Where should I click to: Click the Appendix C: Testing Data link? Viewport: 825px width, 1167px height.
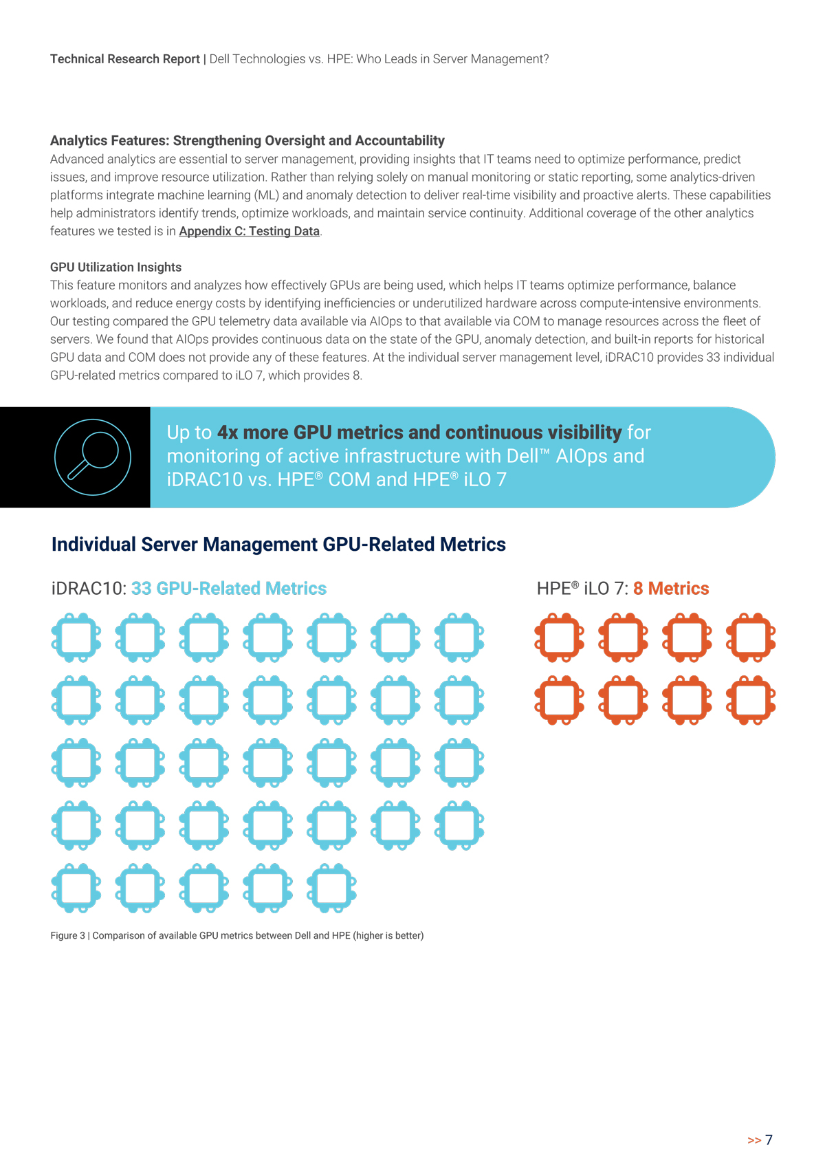(249, 231)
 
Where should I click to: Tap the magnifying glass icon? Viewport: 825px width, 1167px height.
(92, 457)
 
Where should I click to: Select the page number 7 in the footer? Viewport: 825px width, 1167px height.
(769, 1139)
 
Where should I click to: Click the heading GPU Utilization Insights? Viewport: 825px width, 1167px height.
(115, 267)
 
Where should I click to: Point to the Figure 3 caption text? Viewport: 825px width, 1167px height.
(236, 935)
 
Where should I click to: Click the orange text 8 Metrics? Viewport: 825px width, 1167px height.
(670, 588)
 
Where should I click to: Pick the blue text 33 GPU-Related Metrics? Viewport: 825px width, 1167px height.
(228, 588)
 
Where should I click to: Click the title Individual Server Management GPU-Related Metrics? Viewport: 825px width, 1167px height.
(278, 544)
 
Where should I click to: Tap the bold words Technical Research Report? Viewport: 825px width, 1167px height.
(124, 59)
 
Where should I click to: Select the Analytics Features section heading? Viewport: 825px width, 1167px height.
(247, 140)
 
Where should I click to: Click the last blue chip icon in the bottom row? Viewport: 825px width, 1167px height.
(331, 888)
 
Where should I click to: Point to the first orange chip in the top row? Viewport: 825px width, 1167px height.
(559, 637)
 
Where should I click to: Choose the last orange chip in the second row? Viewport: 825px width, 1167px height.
(751, 700)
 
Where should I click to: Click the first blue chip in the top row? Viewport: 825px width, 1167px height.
(76, 637)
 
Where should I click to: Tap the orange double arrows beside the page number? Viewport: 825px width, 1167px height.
(753, 1140)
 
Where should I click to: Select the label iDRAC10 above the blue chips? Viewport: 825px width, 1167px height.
(88, 588)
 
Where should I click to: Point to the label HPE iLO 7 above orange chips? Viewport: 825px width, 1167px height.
(581, 588)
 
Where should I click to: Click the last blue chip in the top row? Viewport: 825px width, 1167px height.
(459, 637)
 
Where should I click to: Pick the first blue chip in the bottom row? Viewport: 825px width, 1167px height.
(76, 888)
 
